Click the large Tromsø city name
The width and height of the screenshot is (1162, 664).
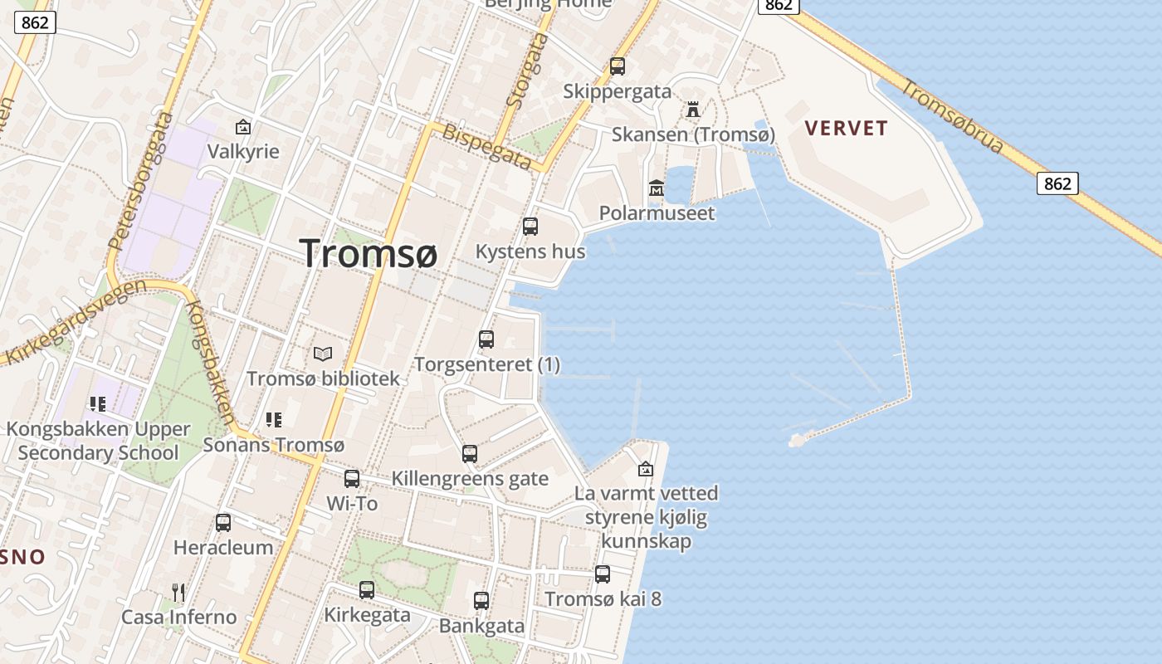368,252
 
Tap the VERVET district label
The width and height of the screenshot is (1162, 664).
847,128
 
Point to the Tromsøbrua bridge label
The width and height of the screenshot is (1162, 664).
954,117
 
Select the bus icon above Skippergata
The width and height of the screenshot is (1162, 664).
617,66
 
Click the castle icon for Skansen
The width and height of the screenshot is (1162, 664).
692,109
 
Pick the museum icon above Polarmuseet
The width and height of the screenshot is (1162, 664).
657,188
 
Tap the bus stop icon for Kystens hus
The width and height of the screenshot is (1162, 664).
530,226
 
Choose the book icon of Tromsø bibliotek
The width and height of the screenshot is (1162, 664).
323,354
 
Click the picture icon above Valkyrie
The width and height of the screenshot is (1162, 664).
243,127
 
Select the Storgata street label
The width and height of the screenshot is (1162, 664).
527,70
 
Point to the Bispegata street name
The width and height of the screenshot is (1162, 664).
486,147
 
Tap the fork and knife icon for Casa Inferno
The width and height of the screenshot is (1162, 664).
178,592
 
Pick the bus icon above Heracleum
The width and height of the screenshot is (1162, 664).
223,522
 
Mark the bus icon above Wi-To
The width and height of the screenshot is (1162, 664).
352,478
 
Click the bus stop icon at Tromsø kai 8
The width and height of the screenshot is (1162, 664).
603,574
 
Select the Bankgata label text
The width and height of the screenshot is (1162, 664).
481,626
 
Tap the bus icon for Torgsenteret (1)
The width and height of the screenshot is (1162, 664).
486,339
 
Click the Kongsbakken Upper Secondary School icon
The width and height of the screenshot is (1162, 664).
98,404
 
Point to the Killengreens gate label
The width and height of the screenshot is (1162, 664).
470,478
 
